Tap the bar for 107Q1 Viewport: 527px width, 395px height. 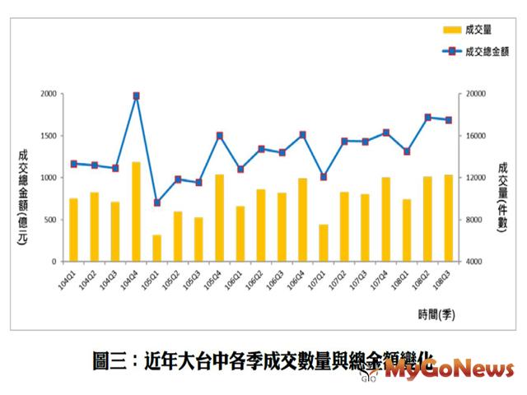pyautogui.click(x=324, y=243)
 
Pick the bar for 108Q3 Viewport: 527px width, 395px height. pyautogui.click(x=449, y=218)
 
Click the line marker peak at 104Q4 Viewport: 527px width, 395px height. pyautogui.click(x=136, y=95)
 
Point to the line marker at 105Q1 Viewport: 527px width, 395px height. pyautogui.click(x=156, y=202)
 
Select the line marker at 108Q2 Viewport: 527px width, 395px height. pyautogui.click(x=428, y=117)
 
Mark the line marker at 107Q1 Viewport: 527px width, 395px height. pyautogui.click(x=324, y=176)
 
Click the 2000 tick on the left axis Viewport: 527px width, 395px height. pyautogui.click(x=48, y=94)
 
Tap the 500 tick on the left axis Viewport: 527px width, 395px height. pyautogui.click(x=50, y=220)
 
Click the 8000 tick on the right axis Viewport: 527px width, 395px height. pyautogui.click(x=475, y=220)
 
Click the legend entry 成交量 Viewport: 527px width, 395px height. pyautogui.click(x=467, y=30)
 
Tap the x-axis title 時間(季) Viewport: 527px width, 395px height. pyautogui.click(x=436, y=313)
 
